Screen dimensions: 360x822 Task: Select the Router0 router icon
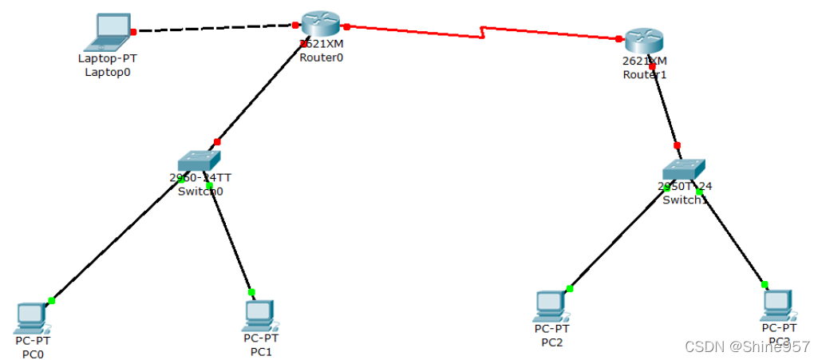pos(322,25)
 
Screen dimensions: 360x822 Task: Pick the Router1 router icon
pos(645,41)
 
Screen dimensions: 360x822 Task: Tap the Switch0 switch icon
pos(198,162)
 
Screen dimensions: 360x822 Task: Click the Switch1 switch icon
pos(684,170)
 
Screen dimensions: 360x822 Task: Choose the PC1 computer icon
pos(259,315)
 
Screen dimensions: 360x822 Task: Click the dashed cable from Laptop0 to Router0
pos(215,29)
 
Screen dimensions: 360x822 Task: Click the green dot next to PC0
pos(51,300)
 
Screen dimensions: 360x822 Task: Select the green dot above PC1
pos(251,292)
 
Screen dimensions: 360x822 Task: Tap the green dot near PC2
pos(569,289)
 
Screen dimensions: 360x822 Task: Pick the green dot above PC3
pos(764,284)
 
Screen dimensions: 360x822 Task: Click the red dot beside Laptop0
pos(134,32)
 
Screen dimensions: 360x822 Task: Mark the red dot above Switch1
pos(678,145)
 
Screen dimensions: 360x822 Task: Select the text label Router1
pos(644,74)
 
